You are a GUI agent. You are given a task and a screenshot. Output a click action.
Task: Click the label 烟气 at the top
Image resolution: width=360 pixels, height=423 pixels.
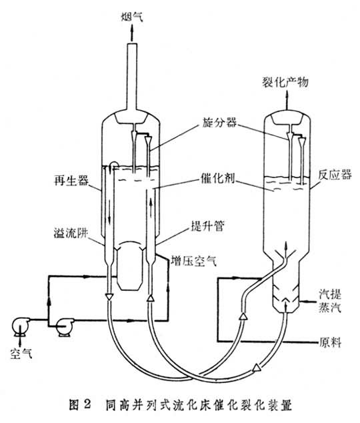(x=132, y=17)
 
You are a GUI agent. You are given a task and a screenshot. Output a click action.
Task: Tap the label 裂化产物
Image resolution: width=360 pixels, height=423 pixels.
(x=285, y=82)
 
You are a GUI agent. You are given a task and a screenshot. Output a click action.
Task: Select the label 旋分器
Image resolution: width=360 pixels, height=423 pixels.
(x=219, y=123)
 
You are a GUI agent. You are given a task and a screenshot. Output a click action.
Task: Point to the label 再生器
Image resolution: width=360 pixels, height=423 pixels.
(x=71, y=181)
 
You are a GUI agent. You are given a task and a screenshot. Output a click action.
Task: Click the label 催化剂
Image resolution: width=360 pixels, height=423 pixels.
(x=218, y=178)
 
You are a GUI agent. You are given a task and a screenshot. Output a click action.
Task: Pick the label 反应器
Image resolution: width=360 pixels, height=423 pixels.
(x=335, y=175)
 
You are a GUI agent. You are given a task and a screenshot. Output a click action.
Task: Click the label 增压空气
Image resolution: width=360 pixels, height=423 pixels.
(x=194, y=261)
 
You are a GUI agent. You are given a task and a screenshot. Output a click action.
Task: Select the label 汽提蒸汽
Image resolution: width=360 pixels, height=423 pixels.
(x=330, y=301)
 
